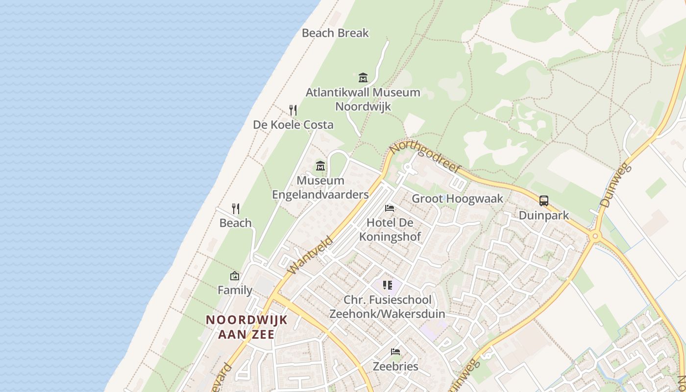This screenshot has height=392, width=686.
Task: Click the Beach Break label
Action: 335,33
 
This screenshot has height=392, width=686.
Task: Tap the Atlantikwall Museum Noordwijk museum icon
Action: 363,77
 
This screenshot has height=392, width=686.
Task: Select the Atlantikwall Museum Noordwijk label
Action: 363,99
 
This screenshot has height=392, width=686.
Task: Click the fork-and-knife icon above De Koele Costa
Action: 293,110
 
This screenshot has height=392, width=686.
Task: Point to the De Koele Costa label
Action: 293,125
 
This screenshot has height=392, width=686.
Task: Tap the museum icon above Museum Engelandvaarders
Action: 320,166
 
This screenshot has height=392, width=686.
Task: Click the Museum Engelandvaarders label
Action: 320,188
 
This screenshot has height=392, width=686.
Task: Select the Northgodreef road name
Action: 425,157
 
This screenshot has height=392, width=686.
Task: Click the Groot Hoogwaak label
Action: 457,198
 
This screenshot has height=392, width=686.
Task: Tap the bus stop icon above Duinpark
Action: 544,200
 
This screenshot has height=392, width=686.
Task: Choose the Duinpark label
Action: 544,215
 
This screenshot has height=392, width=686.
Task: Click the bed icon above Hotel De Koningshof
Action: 390,208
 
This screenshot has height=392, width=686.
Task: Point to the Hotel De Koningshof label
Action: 390,230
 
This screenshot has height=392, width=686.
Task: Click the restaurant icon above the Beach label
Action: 236,209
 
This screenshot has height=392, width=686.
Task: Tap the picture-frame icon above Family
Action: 235,276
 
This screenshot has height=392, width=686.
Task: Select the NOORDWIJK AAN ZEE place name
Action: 246,327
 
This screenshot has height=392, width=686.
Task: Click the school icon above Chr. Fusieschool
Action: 388,285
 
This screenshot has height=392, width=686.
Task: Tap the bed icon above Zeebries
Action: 395,351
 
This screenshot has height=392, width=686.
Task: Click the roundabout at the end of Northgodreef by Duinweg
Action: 595,236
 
